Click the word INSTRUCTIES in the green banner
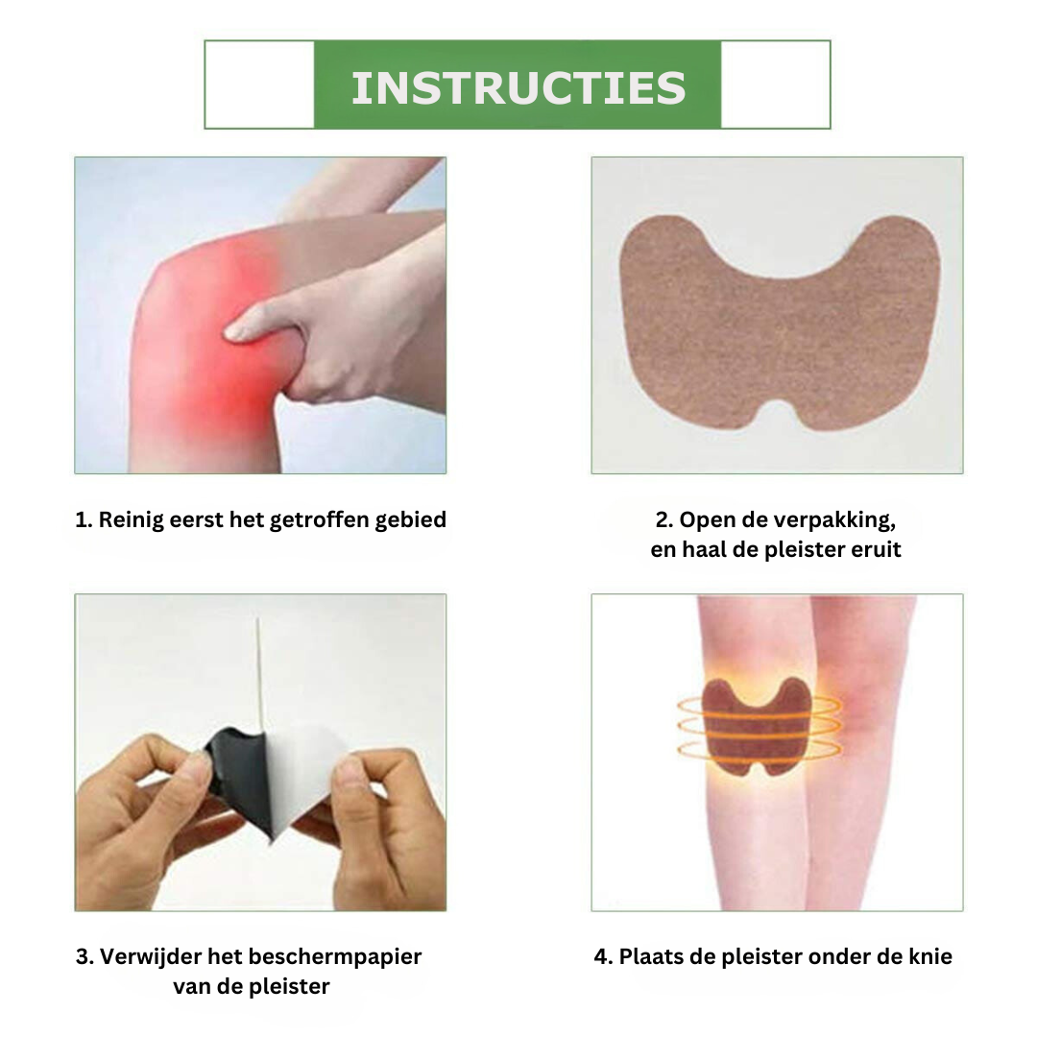point(518,88)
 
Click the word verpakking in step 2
point(834,520)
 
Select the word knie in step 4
point(929,956)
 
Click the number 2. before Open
point(664,520)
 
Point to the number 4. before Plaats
point(603,957)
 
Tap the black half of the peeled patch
point(241,774)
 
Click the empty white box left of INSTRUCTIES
point(260,84)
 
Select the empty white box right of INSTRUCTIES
point(775,84)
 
